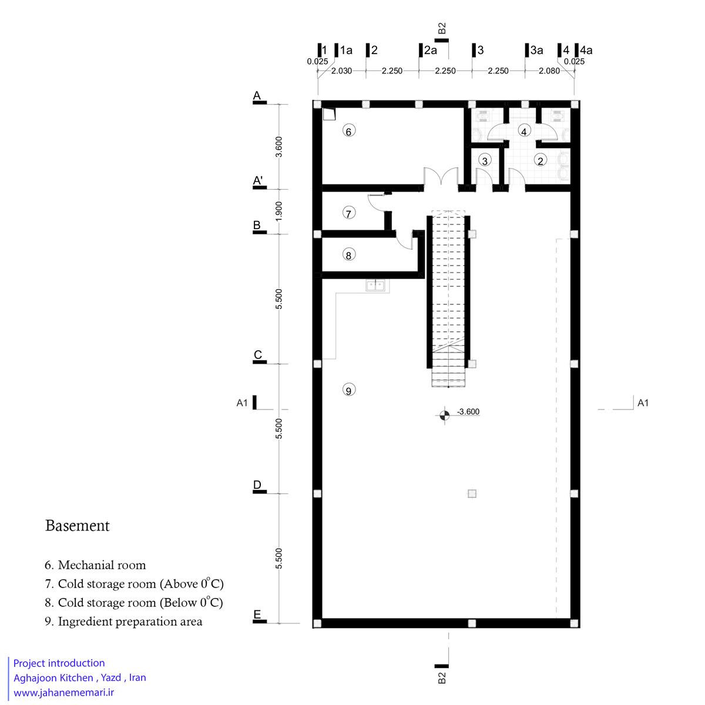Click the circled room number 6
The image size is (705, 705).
[x=348, y=131]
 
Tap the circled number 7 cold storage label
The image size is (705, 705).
[x=348, y=213]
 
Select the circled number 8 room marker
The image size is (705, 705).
[x=348, y=254]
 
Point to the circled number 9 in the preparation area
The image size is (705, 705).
[x=348, y=390]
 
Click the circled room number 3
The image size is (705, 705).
[x=485, y=160]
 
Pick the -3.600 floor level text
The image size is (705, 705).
[x=468, y=412]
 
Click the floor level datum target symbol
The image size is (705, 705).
[x=445, y=415]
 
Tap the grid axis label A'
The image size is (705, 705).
[x=258, y=180]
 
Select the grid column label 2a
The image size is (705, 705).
[x=430, y=50]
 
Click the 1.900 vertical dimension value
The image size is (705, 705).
[x=279, y=211]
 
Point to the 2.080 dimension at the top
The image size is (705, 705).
[x=549, y=71]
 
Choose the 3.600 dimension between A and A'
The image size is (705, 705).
[x=279, y=147]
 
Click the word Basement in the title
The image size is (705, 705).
[x=77, y=526]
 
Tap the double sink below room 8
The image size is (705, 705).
[x=375, y=285]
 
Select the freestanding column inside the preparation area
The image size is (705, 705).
[x=472, y=493]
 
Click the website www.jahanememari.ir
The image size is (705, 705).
[x=63, y=692]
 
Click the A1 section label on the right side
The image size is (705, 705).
[x=643, y=403]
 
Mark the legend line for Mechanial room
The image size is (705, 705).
[x=95, y=565]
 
